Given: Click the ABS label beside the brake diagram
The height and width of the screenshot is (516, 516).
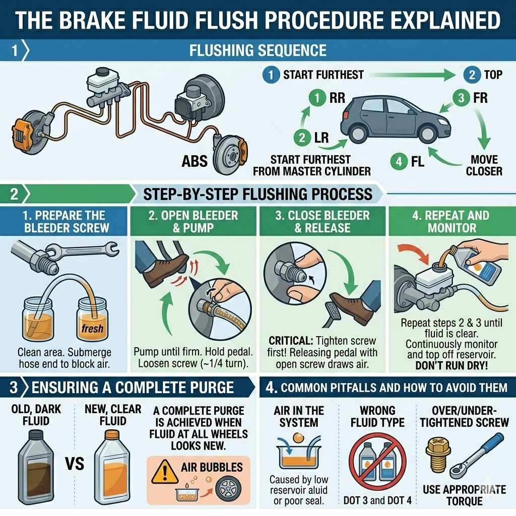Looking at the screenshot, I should coord(194,161).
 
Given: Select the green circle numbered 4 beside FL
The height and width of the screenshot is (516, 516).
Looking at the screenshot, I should coord(398,162).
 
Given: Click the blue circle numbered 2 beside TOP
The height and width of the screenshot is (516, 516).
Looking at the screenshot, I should coord(472,75).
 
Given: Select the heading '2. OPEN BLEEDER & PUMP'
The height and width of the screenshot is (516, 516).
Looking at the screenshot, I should coord(193,222).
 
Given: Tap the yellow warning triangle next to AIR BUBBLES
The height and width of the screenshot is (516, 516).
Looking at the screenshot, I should coord(165,471).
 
